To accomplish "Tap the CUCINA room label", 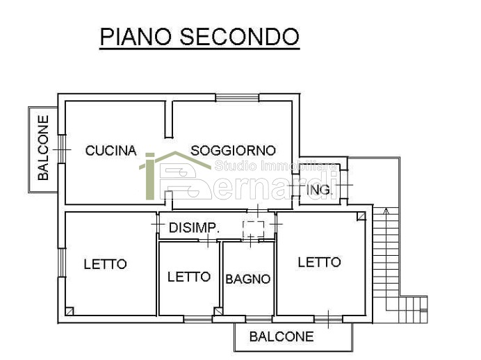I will coord(111,150).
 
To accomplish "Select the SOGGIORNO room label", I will coord(233,150).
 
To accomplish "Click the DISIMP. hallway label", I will coord(194,227).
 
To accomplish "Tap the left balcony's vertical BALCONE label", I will coord(44,148).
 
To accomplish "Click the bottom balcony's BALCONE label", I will coord(282,337).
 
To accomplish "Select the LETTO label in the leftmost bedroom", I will coord(105,264).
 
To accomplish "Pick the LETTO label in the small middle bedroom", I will coord(189,277).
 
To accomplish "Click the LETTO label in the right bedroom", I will coord(319,262).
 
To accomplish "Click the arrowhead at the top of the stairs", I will coord(384,208).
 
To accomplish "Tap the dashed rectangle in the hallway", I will coord(253,229).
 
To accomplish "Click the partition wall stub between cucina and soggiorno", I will coord(168,118).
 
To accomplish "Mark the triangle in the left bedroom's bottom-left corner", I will coord(70,311).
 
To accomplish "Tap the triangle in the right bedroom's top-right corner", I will coord(359,218).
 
